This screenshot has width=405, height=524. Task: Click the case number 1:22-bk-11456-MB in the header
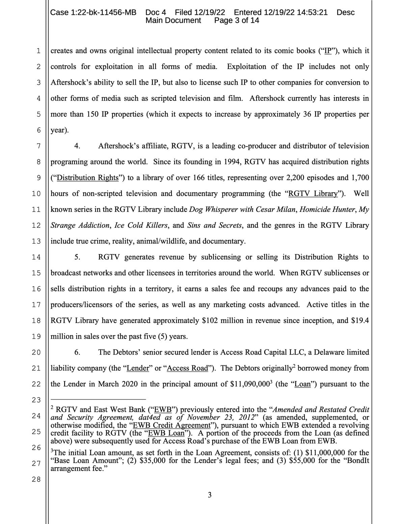[x=93, y=12]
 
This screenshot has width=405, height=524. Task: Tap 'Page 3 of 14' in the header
[x=237, y=20]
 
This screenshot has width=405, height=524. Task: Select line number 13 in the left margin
[x=36, y=241]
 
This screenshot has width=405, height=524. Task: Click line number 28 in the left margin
[x=36, y=479]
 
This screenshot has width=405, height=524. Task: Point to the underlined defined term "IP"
[x=327, y=51]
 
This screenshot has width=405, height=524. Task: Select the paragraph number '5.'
[x=77, y=257]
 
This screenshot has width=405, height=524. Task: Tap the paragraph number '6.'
[x=77, y=352]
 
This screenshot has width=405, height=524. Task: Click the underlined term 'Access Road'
[x=188, y=368]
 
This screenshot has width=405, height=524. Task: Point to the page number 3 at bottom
[x=210, y=495]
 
